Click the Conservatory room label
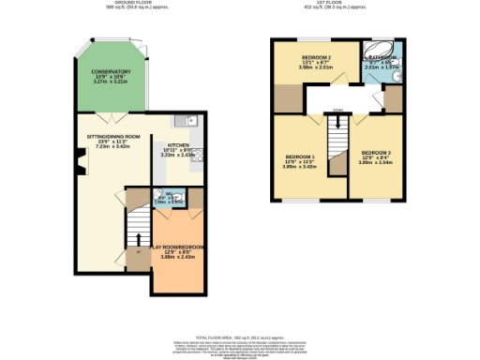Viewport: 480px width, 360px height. (x=111, y=71)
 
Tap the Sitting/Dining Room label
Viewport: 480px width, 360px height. (x=107, y=137)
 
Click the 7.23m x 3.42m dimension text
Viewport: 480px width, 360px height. (x=107, y=147)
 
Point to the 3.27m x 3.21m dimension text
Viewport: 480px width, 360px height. (x=111, y=82)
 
